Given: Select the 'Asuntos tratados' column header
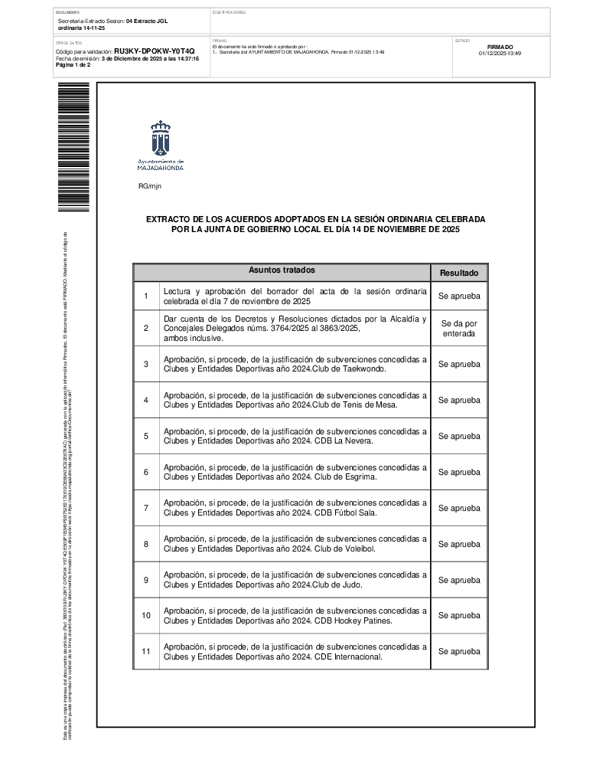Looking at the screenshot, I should (282, 270).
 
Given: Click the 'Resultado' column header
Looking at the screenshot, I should (459, 273).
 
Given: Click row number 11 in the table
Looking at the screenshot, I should (145, 652).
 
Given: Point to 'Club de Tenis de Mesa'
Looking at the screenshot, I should (356, 405).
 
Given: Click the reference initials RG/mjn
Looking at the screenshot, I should (150, 186).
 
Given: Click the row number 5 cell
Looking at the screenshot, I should (145, 436).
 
